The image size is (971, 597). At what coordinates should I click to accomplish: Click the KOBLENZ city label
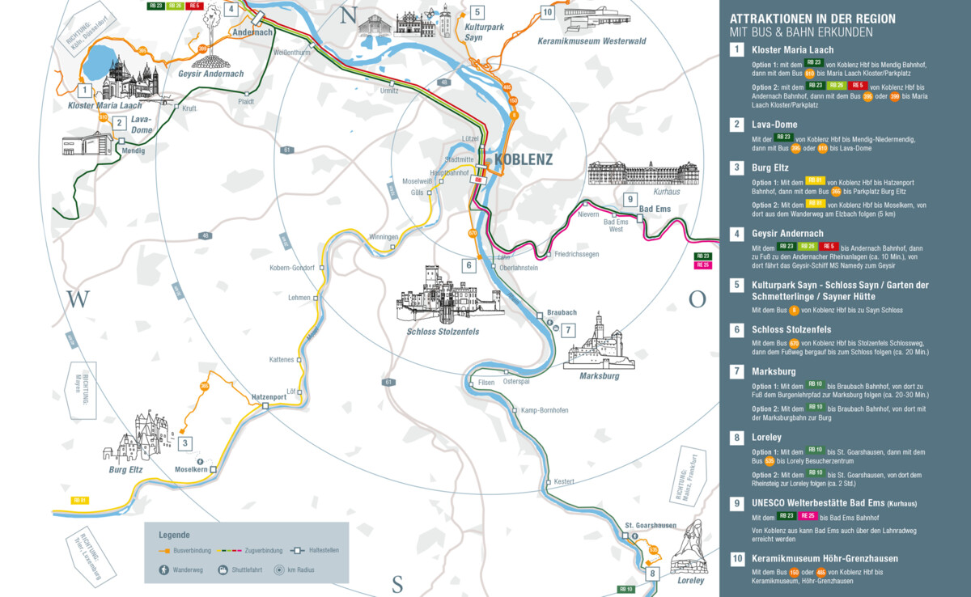[523, 159]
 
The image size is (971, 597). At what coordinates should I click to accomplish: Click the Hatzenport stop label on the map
[269, 396]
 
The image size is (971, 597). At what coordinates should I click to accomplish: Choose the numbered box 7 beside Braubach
[568, 329]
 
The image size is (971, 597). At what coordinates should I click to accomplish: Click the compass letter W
[77, 300]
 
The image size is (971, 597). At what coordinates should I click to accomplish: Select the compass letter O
[697, 299]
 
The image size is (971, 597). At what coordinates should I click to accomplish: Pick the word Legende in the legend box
[174, 535]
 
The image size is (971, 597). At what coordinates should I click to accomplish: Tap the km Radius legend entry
[296, 569]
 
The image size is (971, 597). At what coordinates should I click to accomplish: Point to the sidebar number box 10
[736, 558]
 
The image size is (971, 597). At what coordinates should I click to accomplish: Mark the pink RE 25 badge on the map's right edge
[702, 265]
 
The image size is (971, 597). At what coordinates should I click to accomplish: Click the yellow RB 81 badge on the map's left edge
[79, 500]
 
